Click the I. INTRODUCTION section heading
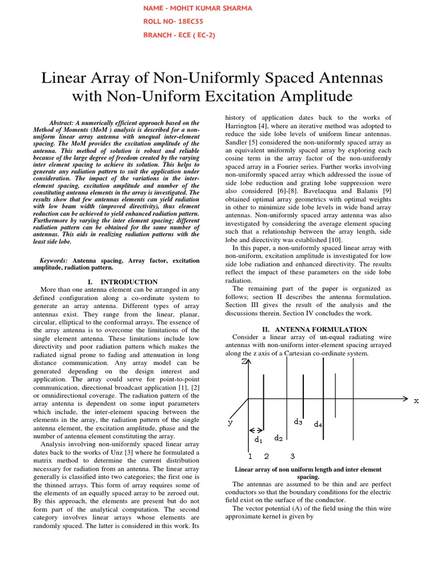click(x=123, y=282)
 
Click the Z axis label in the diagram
click(x=244, y=362)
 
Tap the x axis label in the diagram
click(x=416, y=400)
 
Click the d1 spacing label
click(x=258, y=440)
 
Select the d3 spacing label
click(x=298, y=422)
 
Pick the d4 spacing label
click(x=318, y=425)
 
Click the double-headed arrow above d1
click(x=256, y=430)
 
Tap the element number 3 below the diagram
click(x=292, y=456)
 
